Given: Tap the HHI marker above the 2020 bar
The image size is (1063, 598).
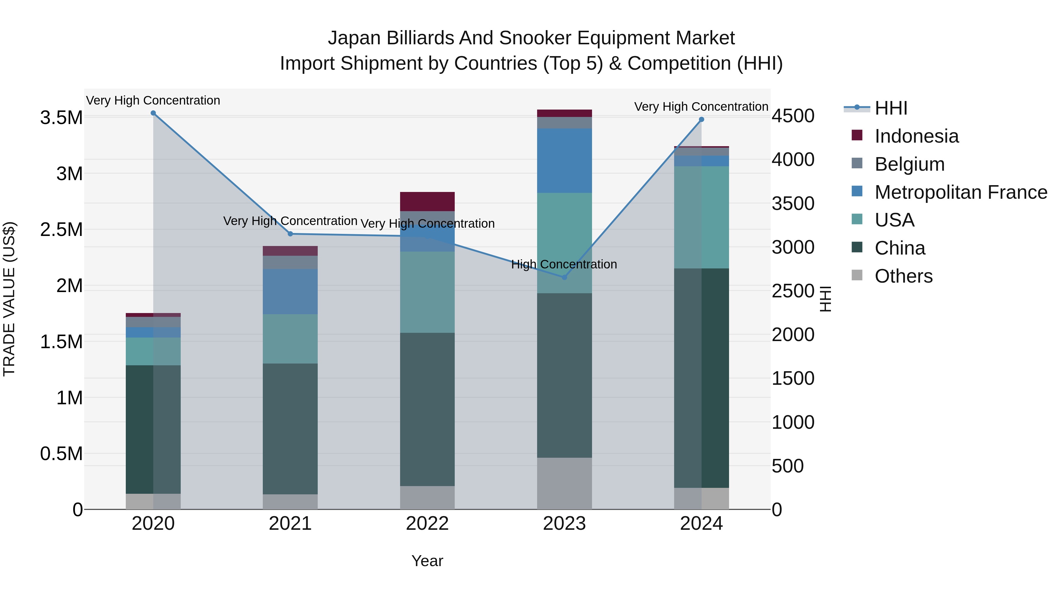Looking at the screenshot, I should point(153,113).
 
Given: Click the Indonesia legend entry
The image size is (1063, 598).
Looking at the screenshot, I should point(916,136).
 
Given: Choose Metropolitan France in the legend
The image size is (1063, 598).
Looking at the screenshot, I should point(961,192).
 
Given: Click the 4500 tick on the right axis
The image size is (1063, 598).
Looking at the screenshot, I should point(793,116).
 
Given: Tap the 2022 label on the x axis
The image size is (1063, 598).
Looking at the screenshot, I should point(427,524).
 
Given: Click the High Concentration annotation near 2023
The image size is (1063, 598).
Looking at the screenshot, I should point(564,264).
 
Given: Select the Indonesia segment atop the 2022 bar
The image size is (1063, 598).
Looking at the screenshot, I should point(427,201).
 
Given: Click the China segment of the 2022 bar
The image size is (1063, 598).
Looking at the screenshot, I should point(427,409).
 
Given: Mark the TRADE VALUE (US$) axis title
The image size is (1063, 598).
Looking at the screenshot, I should point(9,299).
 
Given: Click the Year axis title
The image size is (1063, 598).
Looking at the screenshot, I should point(427,561).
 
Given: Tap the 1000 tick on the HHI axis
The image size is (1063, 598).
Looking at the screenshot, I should point(793,422).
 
